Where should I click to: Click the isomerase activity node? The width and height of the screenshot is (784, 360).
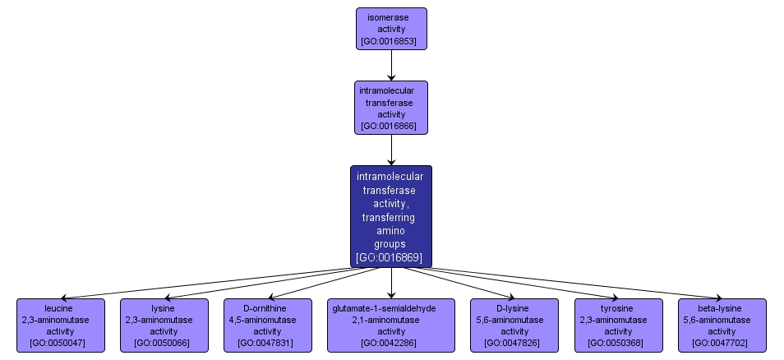(391, 29)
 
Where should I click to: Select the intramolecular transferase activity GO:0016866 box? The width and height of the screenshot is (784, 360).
(391, 107)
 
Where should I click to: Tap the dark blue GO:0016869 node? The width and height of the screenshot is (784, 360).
(391, 216)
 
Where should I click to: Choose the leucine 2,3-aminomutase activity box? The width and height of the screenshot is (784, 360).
(61, 325)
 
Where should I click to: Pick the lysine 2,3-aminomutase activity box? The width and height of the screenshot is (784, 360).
(164, 325)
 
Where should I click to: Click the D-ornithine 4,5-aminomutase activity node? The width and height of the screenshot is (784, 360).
(268, 325)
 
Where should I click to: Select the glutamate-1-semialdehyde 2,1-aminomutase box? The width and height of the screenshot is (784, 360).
(391, 325)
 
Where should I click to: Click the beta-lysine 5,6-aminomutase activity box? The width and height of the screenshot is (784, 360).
(722, 325)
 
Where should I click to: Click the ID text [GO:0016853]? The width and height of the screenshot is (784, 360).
(391, 40)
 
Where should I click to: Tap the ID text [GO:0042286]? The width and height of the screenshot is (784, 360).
(390, 342)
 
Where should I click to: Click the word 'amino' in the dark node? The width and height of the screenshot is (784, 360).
(390, 232)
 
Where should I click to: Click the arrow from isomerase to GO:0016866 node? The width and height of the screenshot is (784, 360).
(391, 64)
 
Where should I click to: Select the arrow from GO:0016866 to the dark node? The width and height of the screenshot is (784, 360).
(391, 149)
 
